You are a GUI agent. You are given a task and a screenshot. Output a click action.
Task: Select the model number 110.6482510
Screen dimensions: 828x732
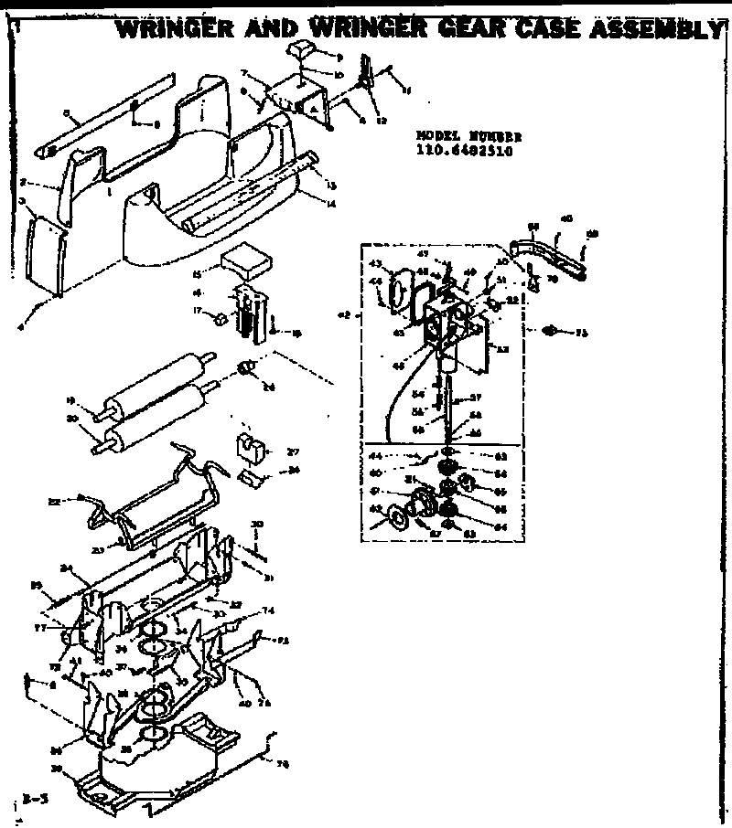tap(463, 152)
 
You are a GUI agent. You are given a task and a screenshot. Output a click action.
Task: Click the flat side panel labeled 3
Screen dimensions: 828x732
tap(44, 251)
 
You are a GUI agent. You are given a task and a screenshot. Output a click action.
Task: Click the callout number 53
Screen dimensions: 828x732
tap(501, 349)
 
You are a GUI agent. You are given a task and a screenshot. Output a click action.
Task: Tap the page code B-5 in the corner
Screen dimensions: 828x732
tap(36, 799)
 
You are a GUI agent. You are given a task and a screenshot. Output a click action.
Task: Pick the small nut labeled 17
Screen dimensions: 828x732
tap(221, 318)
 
